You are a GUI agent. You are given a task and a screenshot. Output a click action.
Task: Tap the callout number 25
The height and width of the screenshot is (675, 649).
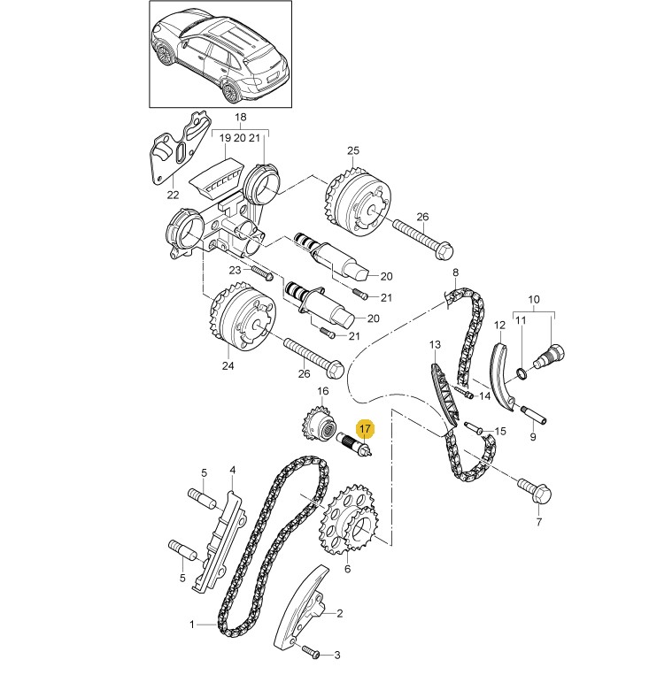(x=352, y=150)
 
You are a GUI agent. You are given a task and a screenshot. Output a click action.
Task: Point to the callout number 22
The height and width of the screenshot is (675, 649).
(x=173, y=195)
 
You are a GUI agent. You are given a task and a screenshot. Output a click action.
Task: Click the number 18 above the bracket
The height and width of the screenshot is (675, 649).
(x=240, y=118)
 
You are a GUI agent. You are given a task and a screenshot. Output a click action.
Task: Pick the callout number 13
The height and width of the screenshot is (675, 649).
(x=435, y=343)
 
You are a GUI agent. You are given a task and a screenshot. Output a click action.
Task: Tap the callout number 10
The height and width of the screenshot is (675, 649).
(x=534, y=299)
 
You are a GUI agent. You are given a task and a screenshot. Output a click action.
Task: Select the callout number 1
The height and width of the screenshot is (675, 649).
(x=192, y=625)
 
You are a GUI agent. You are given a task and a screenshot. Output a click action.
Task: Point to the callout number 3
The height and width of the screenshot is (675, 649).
(x=336, y=656)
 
